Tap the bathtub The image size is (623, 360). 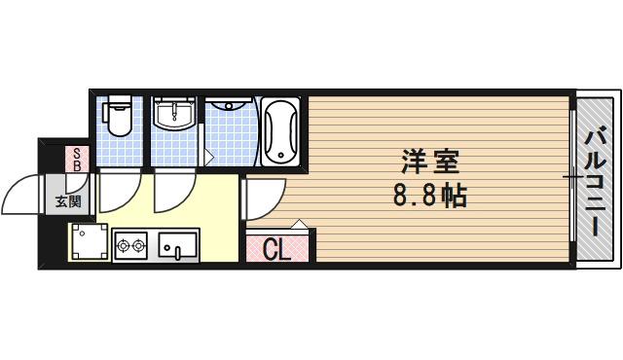tap(280, 131)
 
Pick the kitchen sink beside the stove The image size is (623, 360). tap(177, 246)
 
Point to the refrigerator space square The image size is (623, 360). tap(88, 242)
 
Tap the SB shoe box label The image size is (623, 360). tap(77, 160)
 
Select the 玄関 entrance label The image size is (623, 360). tap(67, 202)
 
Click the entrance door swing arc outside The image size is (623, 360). tap(19, 195)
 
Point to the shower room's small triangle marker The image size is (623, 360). tap(209, 157)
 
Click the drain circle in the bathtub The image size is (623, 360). tap(280, 154)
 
